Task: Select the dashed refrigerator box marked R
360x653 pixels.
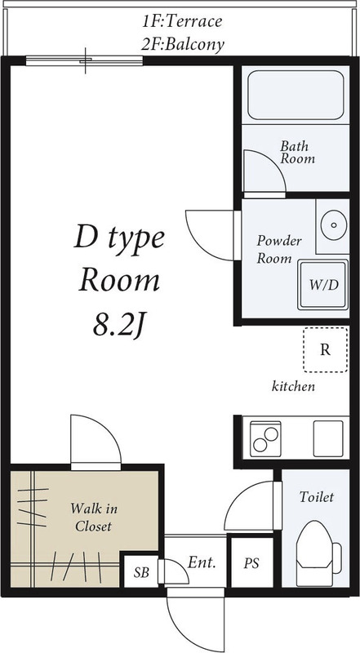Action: (324, 349)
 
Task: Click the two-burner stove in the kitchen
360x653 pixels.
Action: (266, 438)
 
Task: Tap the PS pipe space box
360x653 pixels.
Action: (252, 562)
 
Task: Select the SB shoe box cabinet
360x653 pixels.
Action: (140, 571)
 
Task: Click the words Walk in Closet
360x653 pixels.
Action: (93, 518)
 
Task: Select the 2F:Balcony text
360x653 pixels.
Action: (181, 44)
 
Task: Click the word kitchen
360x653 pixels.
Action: (293, 386)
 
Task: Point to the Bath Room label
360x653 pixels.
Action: (297, 153)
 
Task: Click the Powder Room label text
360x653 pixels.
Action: (279, 249)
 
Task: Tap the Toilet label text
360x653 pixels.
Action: (316, 496)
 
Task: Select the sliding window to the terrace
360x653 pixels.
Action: (84, 59)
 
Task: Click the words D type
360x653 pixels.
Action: (120, 238)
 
